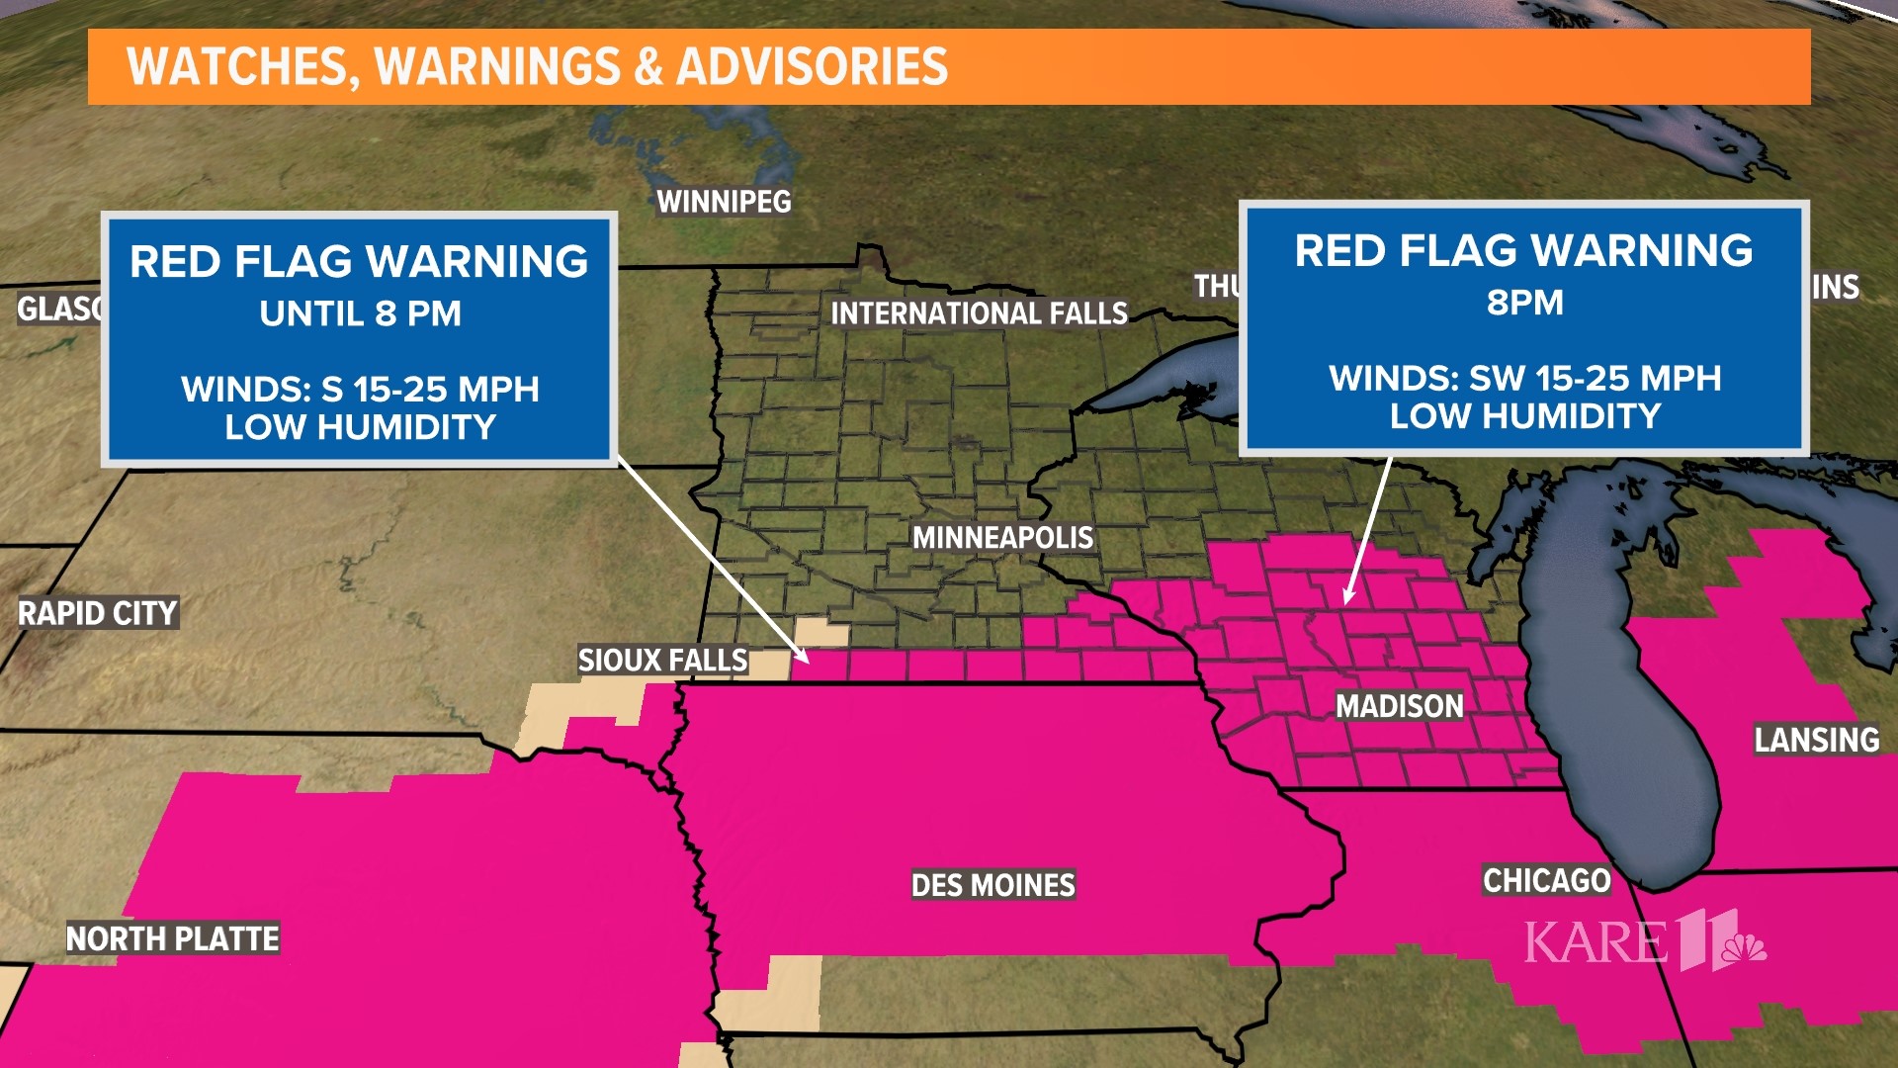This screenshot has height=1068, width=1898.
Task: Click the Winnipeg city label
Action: [x=724, y=202]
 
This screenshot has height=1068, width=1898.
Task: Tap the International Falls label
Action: [x=978, y=313]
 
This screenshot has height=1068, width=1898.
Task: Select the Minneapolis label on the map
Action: [x=1002, y=538]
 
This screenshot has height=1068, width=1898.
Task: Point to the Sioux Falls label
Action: [x=662, y=661]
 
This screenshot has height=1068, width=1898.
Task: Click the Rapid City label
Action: [x=97, y=613]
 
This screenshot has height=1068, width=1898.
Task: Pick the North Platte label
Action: [x=172, y=938]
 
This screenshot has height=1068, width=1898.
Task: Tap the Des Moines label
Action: [x=992, y=885]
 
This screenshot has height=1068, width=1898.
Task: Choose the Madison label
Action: [x=1399, y=706]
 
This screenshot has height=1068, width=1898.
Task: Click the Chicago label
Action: [x=1546, y=880]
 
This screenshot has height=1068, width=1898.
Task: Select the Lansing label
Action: [x=1816, y=740]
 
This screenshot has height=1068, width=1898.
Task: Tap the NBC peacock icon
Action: [x=1744, y=947]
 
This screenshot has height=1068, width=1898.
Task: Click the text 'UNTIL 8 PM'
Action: [x=360, y=314]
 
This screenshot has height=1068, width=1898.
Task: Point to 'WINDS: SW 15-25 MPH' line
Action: [x=1524, y=378]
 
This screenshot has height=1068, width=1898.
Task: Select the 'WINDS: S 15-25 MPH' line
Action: [x=360, y=389]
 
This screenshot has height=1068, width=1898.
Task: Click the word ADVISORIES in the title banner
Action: [x=812, y=66]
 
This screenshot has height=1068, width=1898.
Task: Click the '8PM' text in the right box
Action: [x=1524, y=303]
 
